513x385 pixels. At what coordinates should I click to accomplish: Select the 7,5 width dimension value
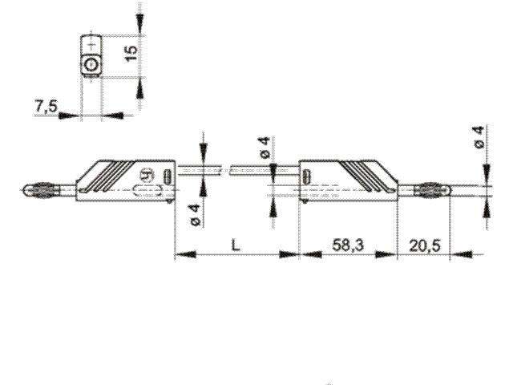coord(46,107)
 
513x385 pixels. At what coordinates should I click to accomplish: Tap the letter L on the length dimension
coord(235,245)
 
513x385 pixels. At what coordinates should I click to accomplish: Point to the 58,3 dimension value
coord(347,245)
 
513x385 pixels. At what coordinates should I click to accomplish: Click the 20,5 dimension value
coord(424,245)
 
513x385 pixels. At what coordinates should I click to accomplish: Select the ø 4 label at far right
coord(479,138)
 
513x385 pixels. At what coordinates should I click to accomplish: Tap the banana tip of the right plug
coord(430,190)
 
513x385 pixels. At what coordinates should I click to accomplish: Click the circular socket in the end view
coord(92,64)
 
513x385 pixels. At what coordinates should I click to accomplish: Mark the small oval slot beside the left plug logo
coord(168,176)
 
